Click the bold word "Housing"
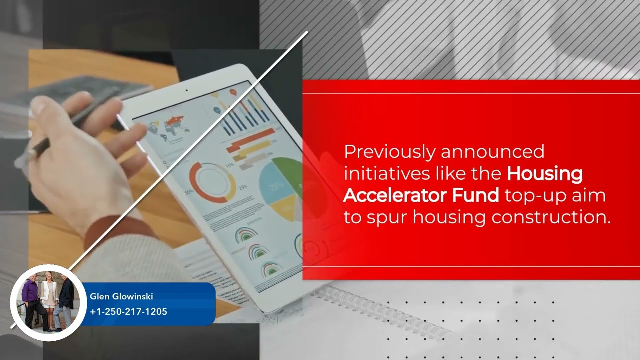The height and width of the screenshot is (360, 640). [x=545, y=174]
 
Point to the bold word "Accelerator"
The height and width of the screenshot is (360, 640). [x=394, y=195]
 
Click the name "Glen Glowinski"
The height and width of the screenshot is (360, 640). [x=121, y=297]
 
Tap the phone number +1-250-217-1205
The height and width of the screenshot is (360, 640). [x=128, y=312]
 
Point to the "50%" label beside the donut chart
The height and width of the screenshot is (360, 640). [x=190, y=192]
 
